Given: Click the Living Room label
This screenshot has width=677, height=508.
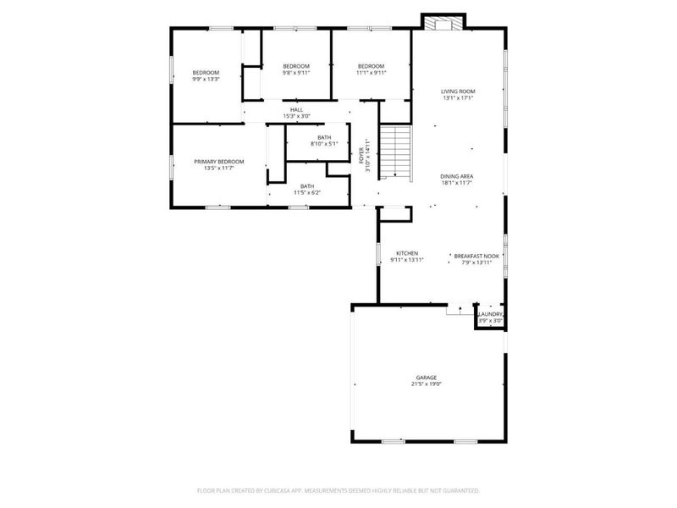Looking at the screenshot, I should pyautogui.click(x=458, y=91).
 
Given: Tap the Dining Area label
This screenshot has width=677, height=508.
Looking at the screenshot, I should pyautogui.click(x=456, y=176).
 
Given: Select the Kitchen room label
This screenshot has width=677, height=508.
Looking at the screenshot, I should pyautogui.click(x=407, y=253).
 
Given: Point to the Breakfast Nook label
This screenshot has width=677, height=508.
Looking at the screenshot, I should pyautogui.click(x=476, y=256).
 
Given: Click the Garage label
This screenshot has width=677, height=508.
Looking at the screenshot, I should pyautogui.click(x=426, y=378).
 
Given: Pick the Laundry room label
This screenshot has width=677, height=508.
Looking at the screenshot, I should pyautogui.click(x=491, y=314).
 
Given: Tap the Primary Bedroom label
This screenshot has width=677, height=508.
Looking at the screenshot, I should pyautogui.click(x=218, y=162).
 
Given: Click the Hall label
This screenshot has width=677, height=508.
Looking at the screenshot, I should pyautogui.click(x=296, y=109).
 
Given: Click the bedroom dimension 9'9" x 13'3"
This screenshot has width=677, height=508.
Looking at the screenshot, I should pyautogui.click(x=206, y=80).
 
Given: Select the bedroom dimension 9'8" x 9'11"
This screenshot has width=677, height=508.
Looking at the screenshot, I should pyautogui.click(x=296, y=73).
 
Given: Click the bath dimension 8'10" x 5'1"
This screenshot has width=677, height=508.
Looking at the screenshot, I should pyautogui.click(x=324, y=144).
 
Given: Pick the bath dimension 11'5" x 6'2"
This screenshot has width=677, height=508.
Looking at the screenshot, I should pyautogui.click(x=306, y=193).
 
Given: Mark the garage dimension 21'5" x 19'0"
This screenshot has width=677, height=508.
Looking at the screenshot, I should pyautogui.click(x=426, y=384).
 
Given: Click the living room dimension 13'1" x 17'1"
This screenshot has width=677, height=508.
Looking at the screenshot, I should pyautogui.click(x=458, y=98).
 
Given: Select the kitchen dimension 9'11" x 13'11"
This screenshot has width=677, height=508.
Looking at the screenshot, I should pyautogui.click(x=407, y=260).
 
